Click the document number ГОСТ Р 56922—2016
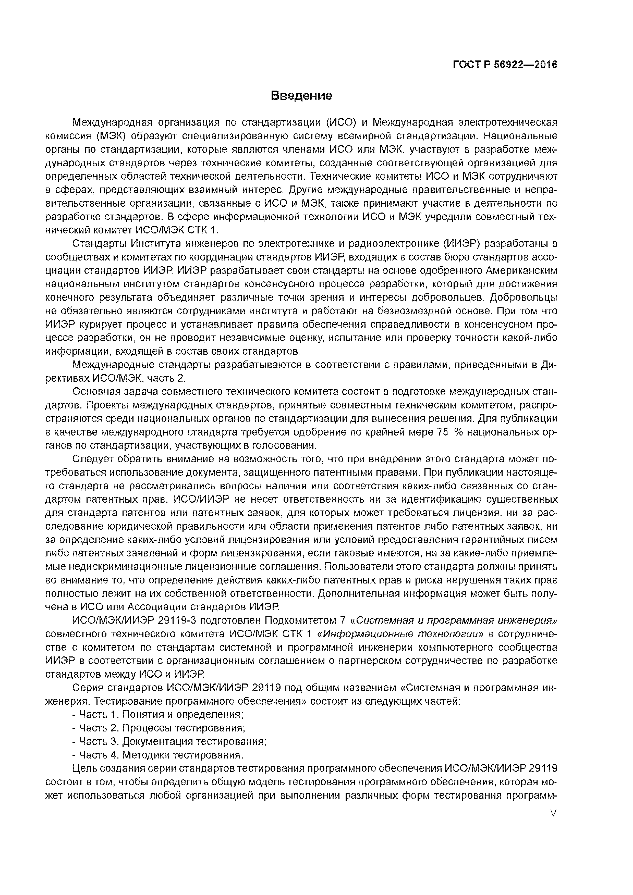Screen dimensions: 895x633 [x=505, y=64]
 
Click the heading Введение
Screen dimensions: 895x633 [x=301, y=95]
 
